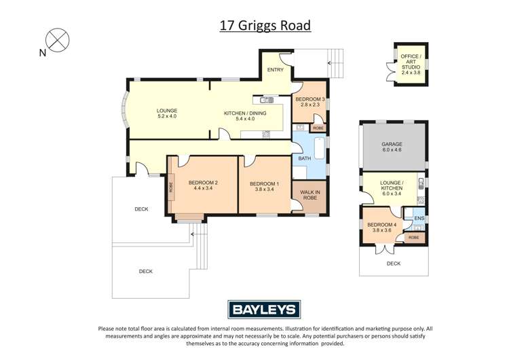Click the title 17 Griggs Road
coord(265,26)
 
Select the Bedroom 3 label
coord(309,101)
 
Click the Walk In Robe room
coord(309,194)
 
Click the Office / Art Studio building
coord(410,63)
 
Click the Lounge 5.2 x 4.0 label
coord(166,113)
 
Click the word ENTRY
coord(275,70)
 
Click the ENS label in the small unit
coord(418,218)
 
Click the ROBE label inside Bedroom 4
coord(413,238)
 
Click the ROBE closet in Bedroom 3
coord(318,128)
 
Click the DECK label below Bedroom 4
coord(394,264)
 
